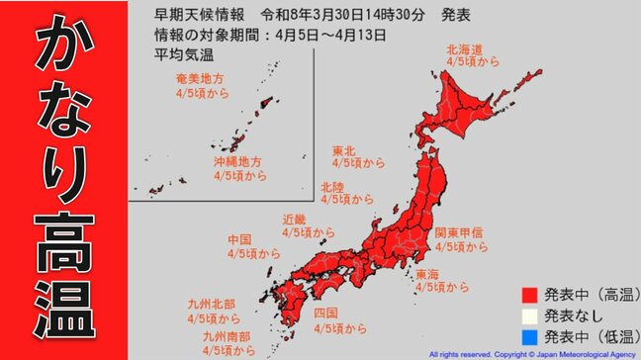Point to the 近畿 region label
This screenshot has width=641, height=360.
[295, 219]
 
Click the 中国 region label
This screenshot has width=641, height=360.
[239, 238]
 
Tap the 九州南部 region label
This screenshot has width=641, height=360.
[226, 335]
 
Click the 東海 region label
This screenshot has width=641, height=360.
[428, 273]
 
